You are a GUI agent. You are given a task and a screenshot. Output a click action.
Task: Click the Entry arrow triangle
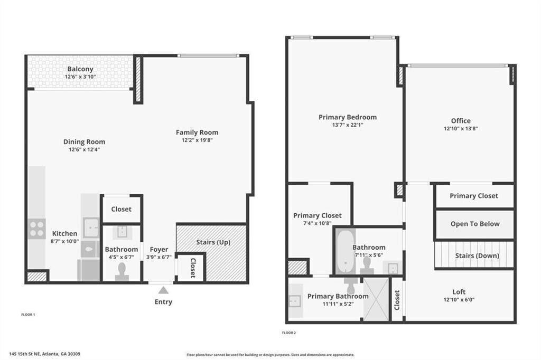[x=163, y=290]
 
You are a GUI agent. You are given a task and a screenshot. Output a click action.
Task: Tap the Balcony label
[x=80, y=69]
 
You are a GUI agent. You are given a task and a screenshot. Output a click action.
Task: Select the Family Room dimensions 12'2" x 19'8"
[x=197, y=140]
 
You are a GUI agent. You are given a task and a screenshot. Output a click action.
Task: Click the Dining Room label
[x=84, y=141]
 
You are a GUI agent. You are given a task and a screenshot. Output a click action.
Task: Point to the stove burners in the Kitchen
[x=36, y=229]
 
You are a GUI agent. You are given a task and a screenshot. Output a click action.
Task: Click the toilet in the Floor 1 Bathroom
[x=122, y=270]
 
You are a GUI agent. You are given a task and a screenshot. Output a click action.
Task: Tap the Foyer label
[x=159, y=249]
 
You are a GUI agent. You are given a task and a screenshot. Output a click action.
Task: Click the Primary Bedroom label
[x=348, y=117]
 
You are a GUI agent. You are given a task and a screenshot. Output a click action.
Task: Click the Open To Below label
[x=474, y=224]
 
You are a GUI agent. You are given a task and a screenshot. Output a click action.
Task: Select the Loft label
[x=459, y=292]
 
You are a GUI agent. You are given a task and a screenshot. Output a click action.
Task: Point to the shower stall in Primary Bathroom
[x=376, y=299]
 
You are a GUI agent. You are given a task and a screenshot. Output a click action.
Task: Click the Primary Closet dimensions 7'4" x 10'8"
[x=317, y=223]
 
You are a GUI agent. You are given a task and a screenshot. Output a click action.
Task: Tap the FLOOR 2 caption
[x=289, y=333]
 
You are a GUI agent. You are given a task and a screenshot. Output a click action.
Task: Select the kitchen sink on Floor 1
[x=91, y=228]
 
